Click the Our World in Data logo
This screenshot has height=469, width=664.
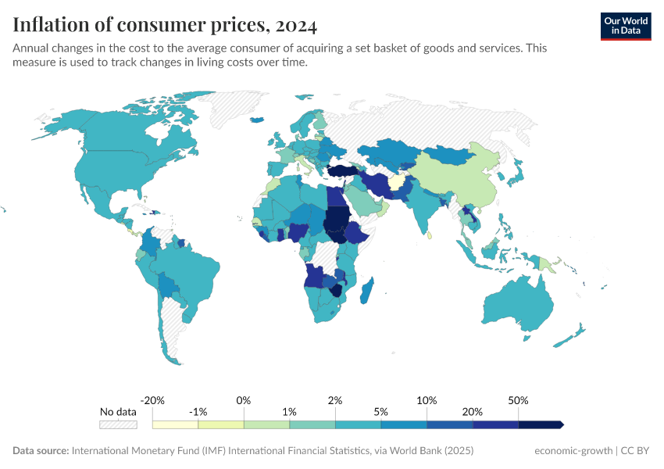pos(625,26)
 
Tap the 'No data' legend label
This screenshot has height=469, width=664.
pos(118,411)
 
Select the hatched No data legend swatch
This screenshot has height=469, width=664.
pos(118,424)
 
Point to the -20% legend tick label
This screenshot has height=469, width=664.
pos(153,400)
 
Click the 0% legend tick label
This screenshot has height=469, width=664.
pos(244,400)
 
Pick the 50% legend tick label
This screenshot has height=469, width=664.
pos(518,400)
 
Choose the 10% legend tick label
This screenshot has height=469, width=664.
pos(427,400)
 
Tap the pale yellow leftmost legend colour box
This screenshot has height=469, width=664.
pos(175,424)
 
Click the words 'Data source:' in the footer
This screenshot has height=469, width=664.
pos(41,451)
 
